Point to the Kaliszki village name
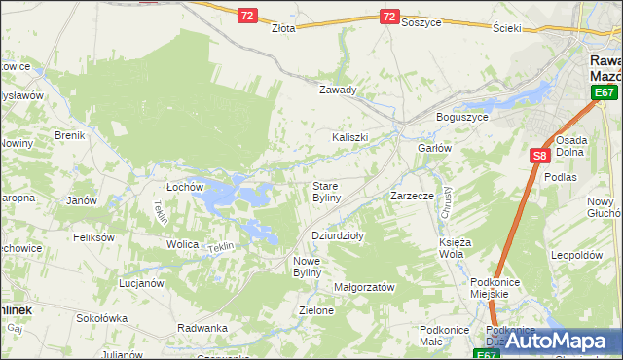(x=350, y=137)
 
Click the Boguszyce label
(x=461, y=118)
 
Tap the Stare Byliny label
(x=325, y=191)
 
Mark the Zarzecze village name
(x=412, y=196)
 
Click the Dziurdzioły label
(x=337, y=235)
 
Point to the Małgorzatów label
(x=363, y=288)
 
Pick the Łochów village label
(x=183, y=186)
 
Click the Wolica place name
(x=182, y=244)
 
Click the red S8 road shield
(x=540, y=155)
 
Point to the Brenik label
(x=71, y=135)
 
